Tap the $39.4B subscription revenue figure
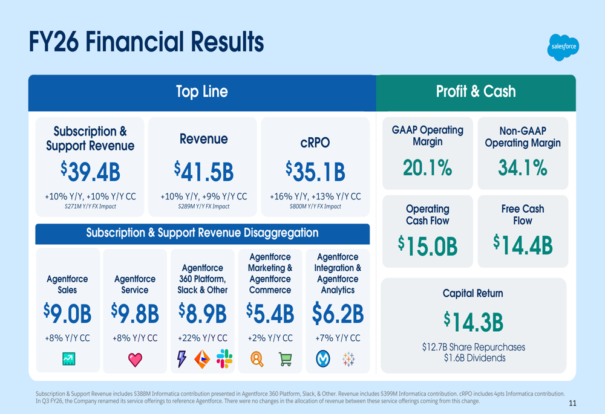(90, 172)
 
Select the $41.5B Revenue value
(203, 172)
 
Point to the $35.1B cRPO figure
(315, 172)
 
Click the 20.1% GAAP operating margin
(427, 167)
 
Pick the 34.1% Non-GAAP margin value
(523, 167)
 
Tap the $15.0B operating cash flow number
(427, 246)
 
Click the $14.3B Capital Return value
(473, 322)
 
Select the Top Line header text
(202, 92)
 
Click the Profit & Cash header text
(476, 92)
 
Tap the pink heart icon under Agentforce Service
(135, 360)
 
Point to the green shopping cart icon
(285, 360)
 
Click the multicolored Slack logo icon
(224, 358)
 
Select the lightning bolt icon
(181, 359)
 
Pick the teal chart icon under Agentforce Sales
(68, 360)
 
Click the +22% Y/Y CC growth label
(203, 338)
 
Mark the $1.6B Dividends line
(474, 358)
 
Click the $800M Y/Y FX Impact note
(315, 206)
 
